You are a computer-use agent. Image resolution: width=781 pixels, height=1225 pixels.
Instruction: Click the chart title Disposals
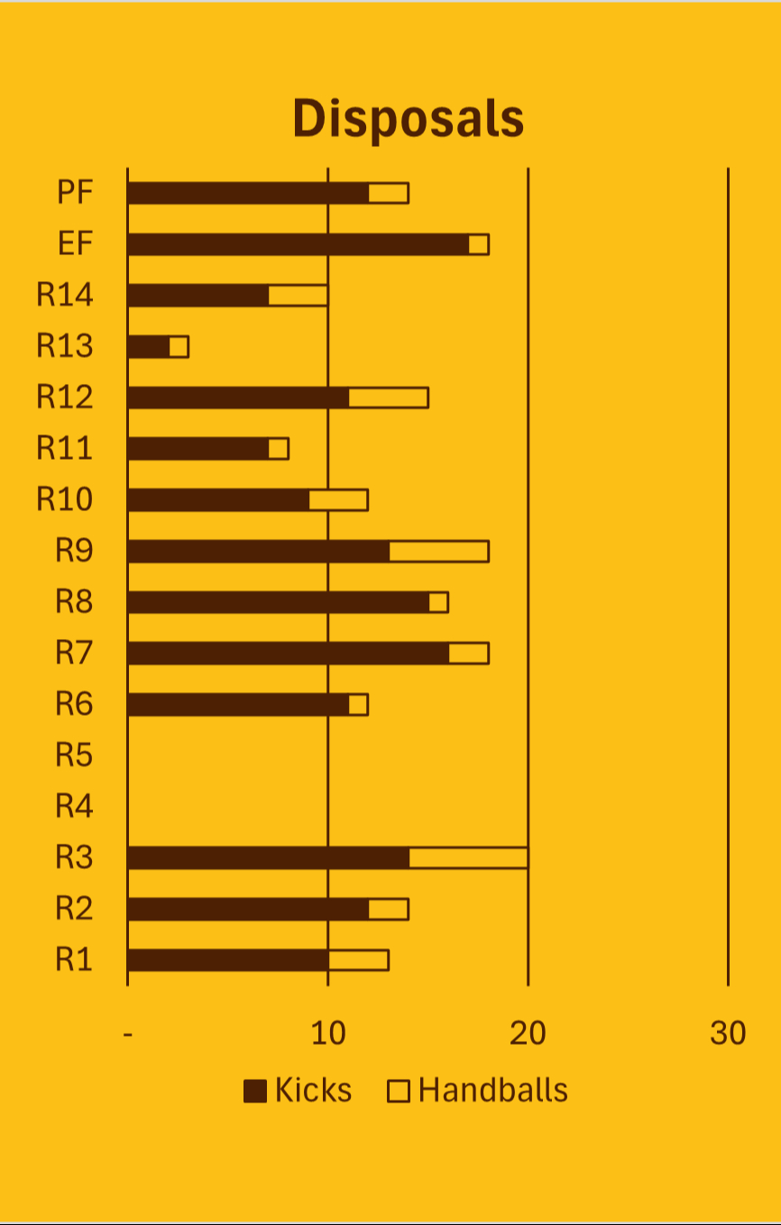(x=408, y=119)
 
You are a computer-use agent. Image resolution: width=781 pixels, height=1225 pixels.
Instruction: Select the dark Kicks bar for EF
(x=298, y=244)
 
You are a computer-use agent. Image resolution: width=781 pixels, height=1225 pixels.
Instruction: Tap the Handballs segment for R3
(x=468, y=857)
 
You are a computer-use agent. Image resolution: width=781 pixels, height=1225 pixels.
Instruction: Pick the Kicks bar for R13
(x=149, y=347)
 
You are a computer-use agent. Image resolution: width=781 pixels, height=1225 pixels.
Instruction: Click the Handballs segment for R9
(x=438, y=552)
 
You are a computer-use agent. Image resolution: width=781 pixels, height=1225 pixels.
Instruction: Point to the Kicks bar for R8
(x=278, y=602)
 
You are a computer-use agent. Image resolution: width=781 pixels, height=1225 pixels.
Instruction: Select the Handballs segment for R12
(x=388, y=398)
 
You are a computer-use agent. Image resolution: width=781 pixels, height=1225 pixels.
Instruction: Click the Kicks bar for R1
(x=227, y=960)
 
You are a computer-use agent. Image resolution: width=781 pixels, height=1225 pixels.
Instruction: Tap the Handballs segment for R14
(x=298, y=296)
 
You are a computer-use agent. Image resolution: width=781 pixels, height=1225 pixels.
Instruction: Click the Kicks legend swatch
(x=255, y=1092)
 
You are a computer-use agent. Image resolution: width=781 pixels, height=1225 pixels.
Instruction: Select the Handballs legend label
(x=493, y=1091)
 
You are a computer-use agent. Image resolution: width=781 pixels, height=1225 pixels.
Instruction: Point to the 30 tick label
(x=728, y=1033)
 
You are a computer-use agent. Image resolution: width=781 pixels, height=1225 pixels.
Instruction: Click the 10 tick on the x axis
(x=328, y=1033)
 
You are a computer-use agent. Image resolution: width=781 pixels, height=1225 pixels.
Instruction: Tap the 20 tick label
(x=528, y=1033)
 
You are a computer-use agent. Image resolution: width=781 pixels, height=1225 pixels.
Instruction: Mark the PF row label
(x=75, y=193)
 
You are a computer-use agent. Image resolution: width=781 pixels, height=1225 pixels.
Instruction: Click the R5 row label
(x=74, y=754)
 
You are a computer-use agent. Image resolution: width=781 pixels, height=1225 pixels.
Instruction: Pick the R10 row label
(x=64, y=499)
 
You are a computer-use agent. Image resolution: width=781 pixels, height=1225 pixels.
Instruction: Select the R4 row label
(x=74, y=806)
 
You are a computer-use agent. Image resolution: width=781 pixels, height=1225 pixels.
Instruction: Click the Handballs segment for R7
(x=468, y=654)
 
